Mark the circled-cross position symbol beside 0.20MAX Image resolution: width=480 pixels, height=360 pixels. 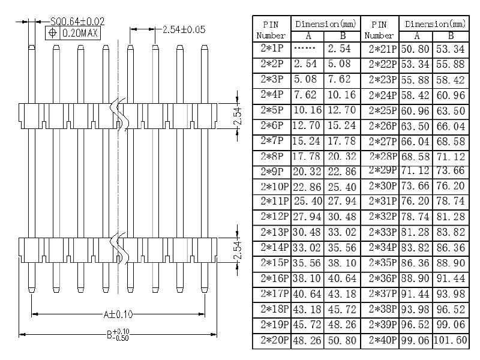[53, 32]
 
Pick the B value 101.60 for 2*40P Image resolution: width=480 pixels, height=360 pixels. [453, 340]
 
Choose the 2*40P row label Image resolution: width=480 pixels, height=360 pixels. [381, 340]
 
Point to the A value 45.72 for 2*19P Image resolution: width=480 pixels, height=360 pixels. [307, 325]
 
